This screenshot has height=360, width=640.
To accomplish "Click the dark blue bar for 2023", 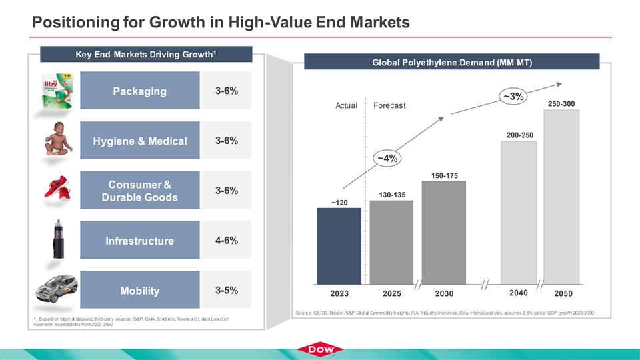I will point(339,245).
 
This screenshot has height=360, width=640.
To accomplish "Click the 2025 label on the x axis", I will point(391,293).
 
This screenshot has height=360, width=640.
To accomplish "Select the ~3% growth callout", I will point(513,96).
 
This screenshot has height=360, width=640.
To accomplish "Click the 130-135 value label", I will point(391,194).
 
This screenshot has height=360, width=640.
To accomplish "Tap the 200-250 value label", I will point(519,135).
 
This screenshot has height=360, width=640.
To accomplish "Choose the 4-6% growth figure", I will point(227,240).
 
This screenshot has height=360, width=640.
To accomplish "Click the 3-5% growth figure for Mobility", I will point(227,290).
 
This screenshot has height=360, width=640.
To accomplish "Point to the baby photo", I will point(59,140).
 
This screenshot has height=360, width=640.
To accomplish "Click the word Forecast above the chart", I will point(390,105).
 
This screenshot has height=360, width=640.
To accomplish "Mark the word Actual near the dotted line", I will point(346,105).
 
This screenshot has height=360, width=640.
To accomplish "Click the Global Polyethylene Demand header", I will point(452,62).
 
